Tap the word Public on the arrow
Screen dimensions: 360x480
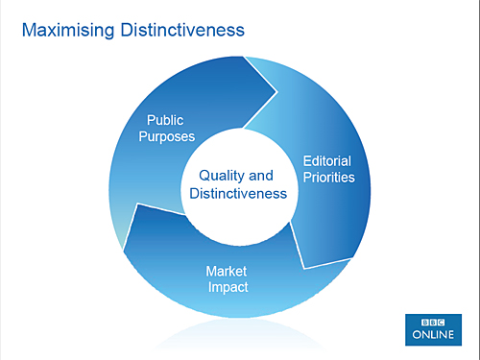click(x=164, y=120)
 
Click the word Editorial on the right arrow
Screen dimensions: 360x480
click(x=328, y=160)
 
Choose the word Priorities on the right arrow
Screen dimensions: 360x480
click(x=328, y=178)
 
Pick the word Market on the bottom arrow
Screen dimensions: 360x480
click(x=227, y=271)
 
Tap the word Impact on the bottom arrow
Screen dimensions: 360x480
click(x=227, y=287)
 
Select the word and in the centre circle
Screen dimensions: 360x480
click(x=260, y=176)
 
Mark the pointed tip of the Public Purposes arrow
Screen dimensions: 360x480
click(x=277, y=93)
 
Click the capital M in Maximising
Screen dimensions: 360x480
click(x=28, y=31)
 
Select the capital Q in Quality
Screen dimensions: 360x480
click(x=204, y=176)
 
